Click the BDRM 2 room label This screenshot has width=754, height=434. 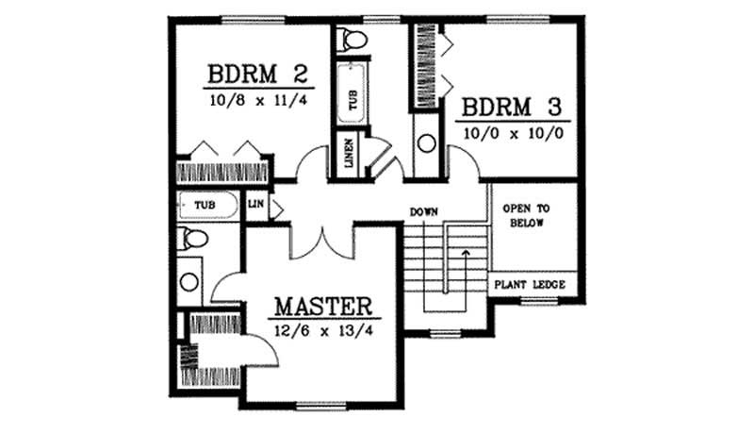(x=243, y=75)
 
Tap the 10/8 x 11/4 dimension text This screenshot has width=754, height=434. (x=243, y=98)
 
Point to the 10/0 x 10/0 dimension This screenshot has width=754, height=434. (x=513, y=132)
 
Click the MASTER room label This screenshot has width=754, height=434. (x=322, y=307)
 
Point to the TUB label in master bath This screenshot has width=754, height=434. (x=204, y=204)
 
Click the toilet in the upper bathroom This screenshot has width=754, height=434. (x=354, y=39)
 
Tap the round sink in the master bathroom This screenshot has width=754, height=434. (x=189, y=281)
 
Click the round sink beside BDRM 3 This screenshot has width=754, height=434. (x=426, y=143)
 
